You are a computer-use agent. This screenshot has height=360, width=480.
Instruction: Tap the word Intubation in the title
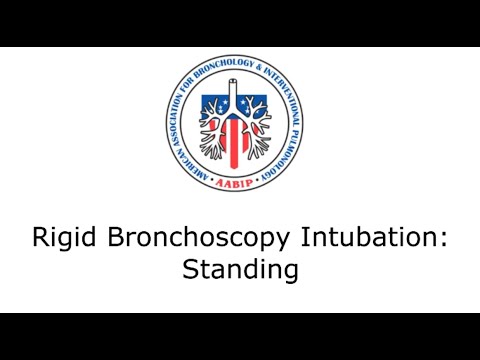click(x=360, y=240)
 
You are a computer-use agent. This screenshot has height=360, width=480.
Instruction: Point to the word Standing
click(x=240, y=270)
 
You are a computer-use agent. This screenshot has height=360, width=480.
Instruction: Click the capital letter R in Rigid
click(x=40, y=240)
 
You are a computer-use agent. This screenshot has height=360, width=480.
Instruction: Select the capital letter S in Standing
click(x=190, y=270)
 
